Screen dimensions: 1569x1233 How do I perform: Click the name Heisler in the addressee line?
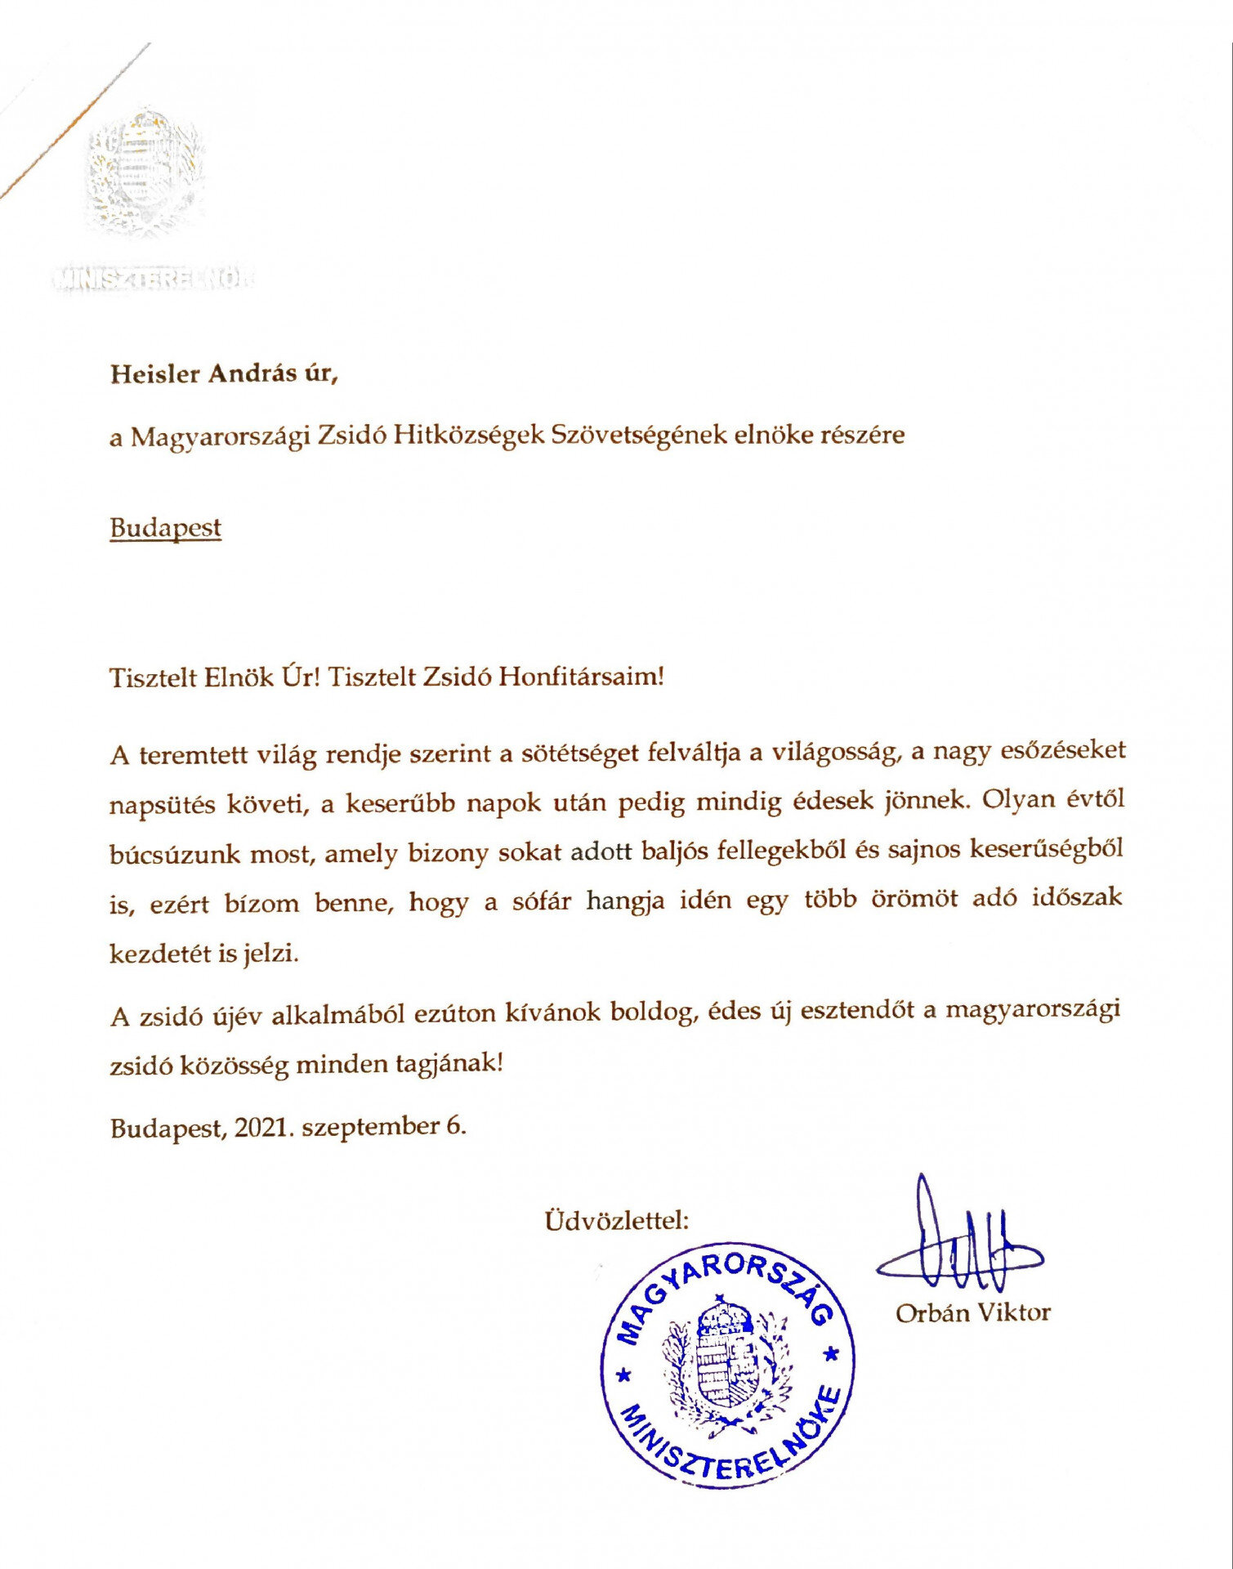tap(155, 373)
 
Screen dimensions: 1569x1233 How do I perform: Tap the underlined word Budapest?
tap(165, 528)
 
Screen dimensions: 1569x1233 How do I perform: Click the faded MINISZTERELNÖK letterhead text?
tap(153, 279)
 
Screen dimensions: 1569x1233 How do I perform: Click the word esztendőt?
tap(856, 1010)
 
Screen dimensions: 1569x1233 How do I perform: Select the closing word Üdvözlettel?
tap(616, 1221)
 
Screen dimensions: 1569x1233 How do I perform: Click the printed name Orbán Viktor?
tap(972, 1313)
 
